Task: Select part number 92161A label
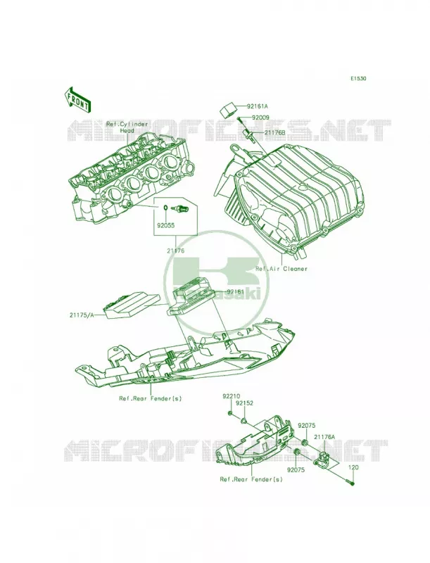[258, 106]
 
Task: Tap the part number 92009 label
[260, 118]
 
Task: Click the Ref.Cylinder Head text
[127, 127]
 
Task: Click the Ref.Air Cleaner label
[282, 268]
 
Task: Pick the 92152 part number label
[244, 403]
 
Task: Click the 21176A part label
[324, 436]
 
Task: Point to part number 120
[353, 467]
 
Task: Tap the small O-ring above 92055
[165, 208]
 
